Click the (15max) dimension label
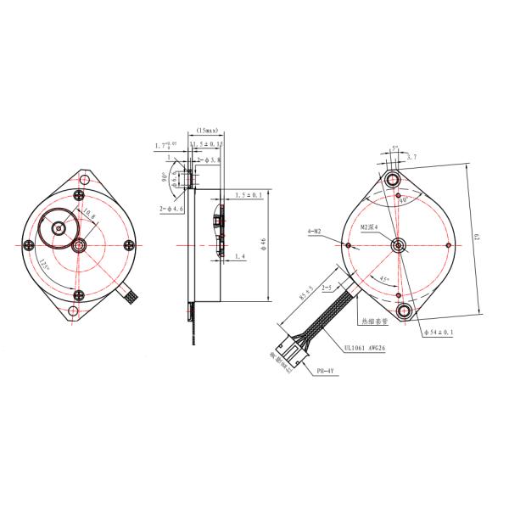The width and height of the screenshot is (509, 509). pos(207,130)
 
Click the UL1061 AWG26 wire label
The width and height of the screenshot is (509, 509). pos(366,346)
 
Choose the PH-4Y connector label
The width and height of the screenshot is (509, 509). pos(326,371)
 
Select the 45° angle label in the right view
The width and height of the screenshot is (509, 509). pos(384,279)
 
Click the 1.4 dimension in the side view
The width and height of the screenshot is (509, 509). pos(239,255)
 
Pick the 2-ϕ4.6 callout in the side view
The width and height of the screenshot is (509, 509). pos(173,209)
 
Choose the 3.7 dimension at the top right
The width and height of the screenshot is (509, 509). pos(412,157)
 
